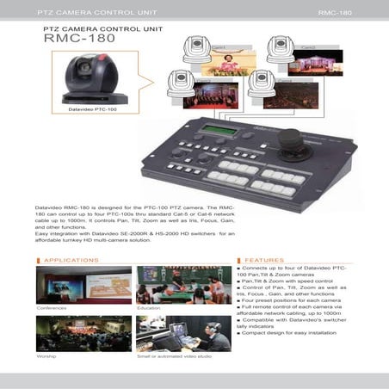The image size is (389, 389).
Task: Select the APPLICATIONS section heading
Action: point(71,259)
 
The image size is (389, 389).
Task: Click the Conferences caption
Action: point(52,307)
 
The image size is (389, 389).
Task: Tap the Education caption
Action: point(149,307)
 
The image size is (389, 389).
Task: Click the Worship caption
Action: point(46,355)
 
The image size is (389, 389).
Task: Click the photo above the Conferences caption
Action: point(83,284)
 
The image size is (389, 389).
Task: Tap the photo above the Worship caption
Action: point(83,332)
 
